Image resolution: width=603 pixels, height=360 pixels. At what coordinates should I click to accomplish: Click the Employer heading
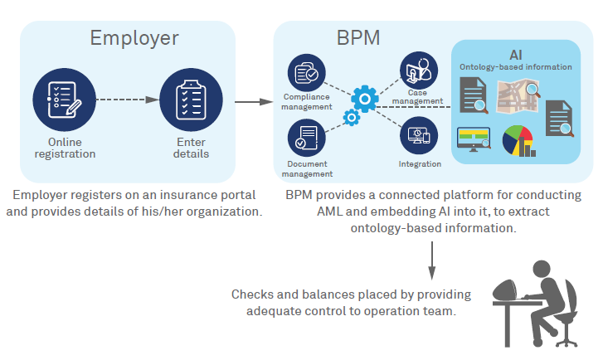134,37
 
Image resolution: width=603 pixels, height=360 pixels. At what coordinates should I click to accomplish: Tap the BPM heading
360,38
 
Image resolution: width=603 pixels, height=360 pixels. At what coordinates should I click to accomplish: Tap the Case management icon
418,71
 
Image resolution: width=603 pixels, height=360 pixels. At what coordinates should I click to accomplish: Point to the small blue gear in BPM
352,119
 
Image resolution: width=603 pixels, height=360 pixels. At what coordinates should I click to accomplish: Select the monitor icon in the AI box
474,138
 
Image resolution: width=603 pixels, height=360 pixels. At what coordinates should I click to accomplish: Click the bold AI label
515,55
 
